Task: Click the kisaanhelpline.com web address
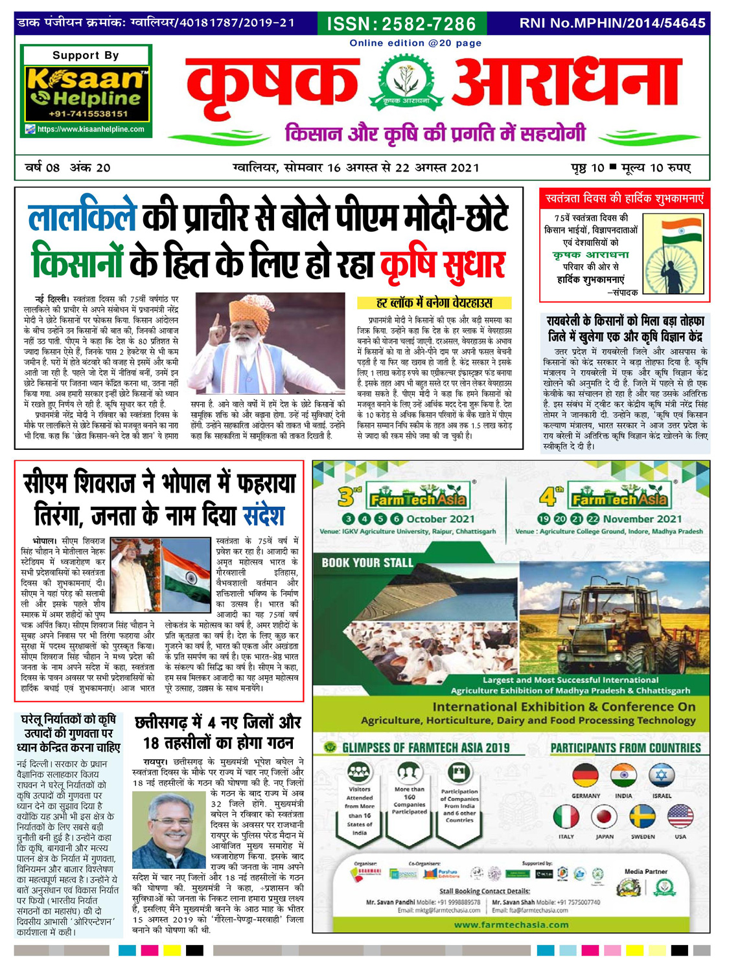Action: tap(91, 129)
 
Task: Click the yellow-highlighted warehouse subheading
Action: tap(434, 303)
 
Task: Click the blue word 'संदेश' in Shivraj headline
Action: tap(264, 516)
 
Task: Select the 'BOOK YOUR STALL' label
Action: tap(367, 563)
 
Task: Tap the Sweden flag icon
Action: tap(642, 817)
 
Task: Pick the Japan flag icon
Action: tap(604, 817)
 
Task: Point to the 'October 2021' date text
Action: tap(440, 519)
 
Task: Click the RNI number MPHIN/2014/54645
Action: tap(612, 23)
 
